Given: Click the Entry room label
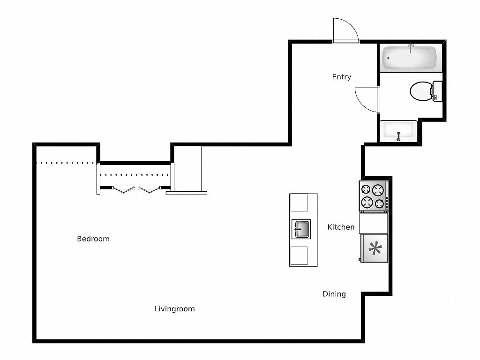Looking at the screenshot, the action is point(341,77).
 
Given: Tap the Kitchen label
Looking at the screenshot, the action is point(341,227).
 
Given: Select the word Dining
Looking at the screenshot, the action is point(334,294).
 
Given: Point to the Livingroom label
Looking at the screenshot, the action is point(174,309).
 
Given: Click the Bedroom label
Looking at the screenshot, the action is point(93,239).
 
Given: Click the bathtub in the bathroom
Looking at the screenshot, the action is point(409,58).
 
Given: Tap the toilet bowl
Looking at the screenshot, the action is point(421,91).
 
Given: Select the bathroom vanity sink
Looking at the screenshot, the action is point(398,131).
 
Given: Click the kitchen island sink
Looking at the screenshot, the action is point(301,229).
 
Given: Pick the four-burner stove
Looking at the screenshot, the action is point(374,196).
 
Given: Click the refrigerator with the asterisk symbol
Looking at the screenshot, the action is point(375,248).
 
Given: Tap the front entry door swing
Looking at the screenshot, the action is point(345,30).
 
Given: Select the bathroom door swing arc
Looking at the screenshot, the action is point(367,99).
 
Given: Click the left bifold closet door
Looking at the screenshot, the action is point(123,190).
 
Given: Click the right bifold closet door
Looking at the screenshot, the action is point(150,190).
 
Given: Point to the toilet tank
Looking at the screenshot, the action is point(437,91).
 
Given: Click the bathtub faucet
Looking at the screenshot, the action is point(411,48).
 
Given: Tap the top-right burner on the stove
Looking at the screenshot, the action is point(378,190).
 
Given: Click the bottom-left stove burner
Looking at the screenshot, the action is point(367,202).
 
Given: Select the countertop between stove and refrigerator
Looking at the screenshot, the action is point(374,223).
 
